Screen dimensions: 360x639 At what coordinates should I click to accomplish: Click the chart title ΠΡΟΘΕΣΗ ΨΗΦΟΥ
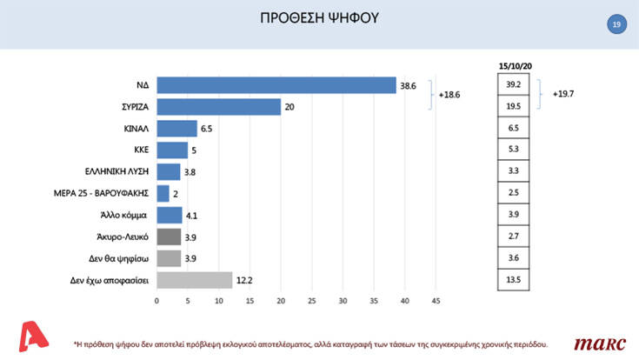click(320, 18)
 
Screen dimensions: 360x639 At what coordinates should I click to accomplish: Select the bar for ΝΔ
click(276, 84)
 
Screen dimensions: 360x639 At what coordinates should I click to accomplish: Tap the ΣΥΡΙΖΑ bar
click(218, 106)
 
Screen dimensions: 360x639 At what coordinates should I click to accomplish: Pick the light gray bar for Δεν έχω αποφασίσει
click(194, 279)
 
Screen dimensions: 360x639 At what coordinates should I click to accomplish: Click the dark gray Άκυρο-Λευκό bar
click(169, 236)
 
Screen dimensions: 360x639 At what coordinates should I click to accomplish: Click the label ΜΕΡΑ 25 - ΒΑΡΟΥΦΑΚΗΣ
click(101, 193)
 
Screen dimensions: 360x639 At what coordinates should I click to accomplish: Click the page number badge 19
click(616, 24)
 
